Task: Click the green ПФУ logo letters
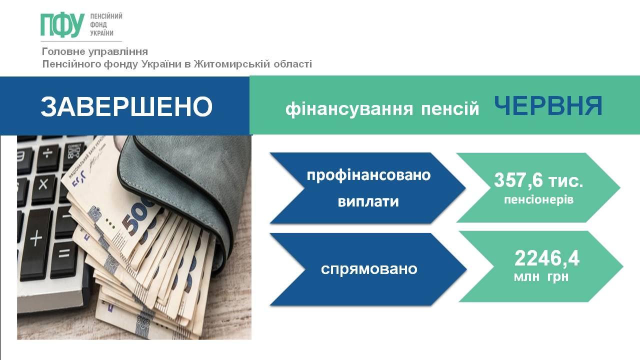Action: click(x=62, y=25)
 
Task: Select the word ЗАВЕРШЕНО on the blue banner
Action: click(x=126, y=106)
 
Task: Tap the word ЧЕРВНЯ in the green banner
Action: click(x=548, y=105)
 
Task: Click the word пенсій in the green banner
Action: click(x=450, y=108)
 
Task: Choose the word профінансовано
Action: click(x=368, y=175)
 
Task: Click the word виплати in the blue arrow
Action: click(x=368, y=201)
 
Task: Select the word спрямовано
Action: click(x=369, y=269)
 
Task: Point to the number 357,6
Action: click(x=518, y=181)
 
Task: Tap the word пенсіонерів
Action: click(x=538, y=199)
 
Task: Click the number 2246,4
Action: click(x=547, y=259)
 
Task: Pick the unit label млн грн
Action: click(x=541, y=277)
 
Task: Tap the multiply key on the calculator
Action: click(x=43, y=185)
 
